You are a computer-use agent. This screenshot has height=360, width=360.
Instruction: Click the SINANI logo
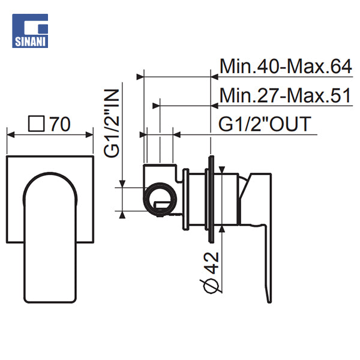(x=30, y=31)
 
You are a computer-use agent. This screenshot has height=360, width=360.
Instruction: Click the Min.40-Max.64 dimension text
(x=286, y=67)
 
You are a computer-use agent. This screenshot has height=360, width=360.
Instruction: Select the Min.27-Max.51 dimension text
(x=286, y=95)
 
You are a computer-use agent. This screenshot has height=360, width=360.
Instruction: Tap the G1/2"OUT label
(x=265, y=124)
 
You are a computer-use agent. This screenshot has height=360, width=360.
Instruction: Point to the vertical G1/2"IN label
(x=112, y=123)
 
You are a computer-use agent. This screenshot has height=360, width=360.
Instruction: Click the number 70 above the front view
(x=60, y=124)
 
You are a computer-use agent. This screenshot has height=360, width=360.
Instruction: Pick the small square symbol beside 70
(x=36, y=124)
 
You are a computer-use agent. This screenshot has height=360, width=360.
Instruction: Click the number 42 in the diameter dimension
(x=211, y=263)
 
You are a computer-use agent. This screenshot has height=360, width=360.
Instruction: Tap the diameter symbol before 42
(x=211, y=286)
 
